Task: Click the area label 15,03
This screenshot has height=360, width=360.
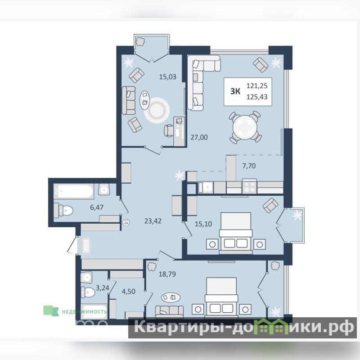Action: click(168, 76)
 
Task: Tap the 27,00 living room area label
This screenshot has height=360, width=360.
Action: click(199, 137)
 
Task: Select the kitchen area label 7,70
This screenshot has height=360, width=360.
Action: click(249, 166)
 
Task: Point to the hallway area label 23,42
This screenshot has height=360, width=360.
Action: click(153, 221)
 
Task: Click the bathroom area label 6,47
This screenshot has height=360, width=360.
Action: click(97, 207)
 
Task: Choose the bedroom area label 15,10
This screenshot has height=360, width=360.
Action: click(203, 224)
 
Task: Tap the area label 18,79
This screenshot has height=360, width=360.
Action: click(167, 274)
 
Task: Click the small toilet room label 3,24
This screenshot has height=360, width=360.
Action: click(103, 288)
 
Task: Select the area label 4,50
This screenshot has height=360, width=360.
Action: click(129, 292)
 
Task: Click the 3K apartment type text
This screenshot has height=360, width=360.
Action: click(235, 91)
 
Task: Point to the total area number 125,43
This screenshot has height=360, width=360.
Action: click(257, 97)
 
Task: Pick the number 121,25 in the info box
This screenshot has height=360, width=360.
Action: click(257, 86)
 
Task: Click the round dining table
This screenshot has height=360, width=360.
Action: click(245, 127)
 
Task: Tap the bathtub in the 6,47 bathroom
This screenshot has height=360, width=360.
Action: click(74, 191)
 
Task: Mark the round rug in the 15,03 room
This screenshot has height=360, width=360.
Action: click(157, 110)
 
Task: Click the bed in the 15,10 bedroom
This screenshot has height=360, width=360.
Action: click(236, 233)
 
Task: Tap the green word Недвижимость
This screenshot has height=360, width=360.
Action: click(84, 311)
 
